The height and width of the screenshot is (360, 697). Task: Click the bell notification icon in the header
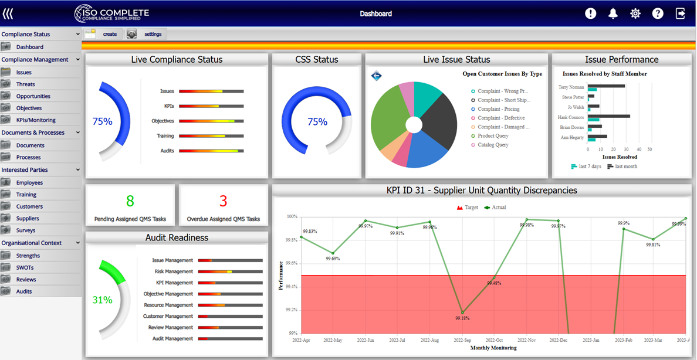tap(613, 13)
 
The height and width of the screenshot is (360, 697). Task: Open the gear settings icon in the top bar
tap(635, 13)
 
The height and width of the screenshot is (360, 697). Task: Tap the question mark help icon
tap(658, 13)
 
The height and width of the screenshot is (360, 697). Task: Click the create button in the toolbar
tap(104, 34)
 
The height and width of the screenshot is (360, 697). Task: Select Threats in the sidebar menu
tap(26, 84)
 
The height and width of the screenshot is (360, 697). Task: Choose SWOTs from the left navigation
tap(25, 267)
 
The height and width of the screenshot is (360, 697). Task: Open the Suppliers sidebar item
tap(28, 219)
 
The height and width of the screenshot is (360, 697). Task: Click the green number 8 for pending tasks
tap(130, 201)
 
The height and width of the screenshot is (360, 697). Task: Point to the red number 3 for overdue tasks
tap(223, 201)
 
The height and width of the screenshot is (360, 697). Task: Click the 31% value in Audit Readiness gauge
tap(102, 300)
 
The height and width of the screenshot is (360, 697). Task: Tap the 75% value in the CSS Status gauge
tap(317, 122)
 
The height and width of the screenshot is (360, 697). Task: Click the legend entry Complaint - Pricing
tap(498, 109)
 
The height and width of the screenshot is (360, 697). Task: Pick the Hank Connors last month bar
tap(609, 116)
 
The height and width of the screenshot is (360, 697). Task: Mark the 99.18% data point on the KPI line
tap(462, 313)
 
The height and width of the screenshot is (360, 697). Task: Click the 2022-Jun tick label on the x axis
tap(366, 340)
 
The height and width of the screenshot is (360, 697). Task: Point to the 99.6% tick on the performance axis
tap(290, 263)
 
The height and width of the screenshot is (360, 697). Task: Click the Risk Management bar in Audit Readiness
tap(230, 271)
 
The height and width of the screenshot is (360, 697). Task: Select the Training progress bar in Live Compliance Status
tap(211, 136)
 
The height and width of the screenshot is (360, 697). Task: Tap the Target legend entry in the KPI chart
tap(467, 208)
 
